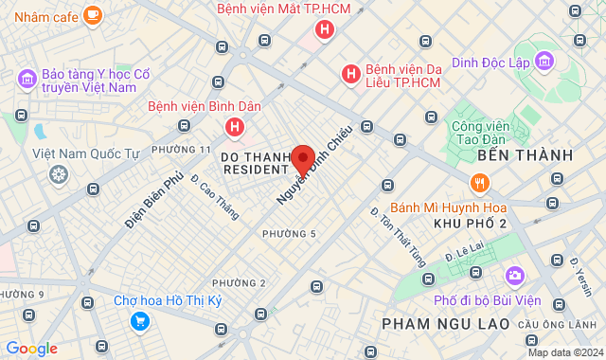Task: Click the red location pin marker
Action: [x=303, y=159]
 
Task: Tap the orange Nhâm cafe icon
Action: [x=92, y=14]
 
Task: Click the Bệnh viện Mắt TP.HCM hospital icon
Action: [x=325, y=30]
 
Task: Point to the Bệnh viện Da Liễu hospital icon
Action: [x=350, y=73]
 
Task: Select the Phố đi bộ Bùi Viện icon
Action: [x=515, y=276]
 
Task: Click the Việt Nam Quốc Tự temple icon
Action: [x=59, y=174]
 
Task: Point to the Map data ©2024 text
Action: [x=565, y=352]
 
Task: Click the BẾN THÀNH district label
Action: [x=526, y=154]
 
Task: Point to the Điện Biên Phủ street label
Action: [x=153, y=199]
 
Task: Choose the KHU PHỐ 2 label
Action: [x=470, y=223]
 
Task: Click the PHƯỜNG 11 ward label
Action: [x=181, y=150]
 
